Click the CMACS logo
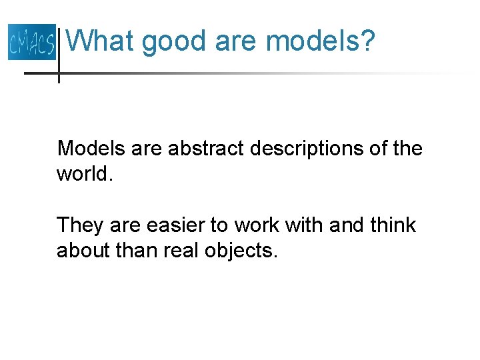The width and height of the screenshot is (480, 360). tap(31, 41)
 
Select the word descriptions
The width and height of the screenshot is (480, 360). tap(307, 149)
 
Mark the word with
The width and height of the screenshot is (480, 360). tap(304, 225)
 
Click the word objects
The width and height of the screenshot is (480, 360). tap(243, 252)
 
